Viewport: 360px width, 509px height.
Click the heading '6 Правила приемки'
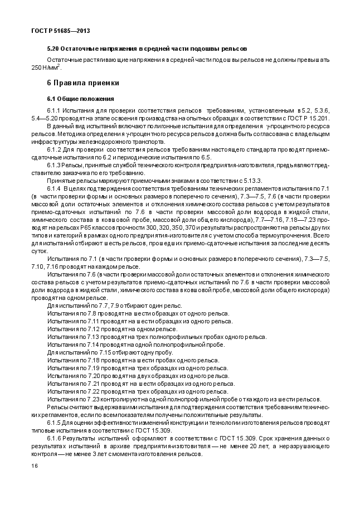pyautogui.click(x=83, y=83)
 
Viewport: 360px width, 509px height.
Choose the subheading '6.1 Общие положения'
pyautogui.click(x=80, y=99)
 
